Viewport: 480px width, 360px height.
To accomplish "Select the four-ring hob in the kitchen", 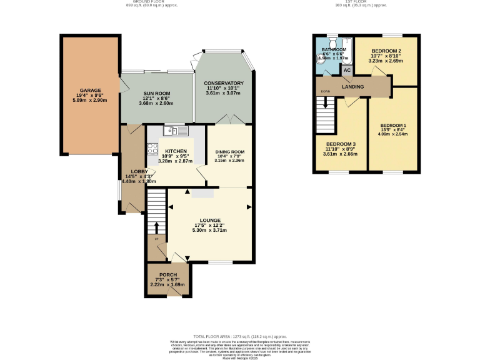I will pyautogui.click(x=152, y=149).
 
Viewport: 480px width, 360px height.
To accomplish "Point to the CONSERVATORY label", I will pyautogui.click(x=223, y=83).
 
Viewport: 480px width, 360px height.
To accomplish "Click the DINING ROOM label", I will pyautogui.click(x=229, y=152).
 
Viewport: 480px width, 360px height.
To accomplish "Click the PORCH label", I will pyautogui.click(x=167, y=275).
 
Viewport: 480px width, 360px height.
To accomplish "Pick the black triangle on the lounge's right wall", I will pyautogui.click(x=250, y=206).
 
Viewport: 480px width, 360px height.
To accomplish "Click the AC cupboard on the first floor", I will pyautogui.click(x=347, y=70).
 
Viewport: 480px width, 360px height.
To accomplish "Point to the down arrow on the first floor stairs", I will pyautogui.click(x=325, y=92).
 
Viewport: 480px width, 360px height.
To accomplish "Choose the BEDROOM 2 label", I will pyautogui.click(x=386, y=51).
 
